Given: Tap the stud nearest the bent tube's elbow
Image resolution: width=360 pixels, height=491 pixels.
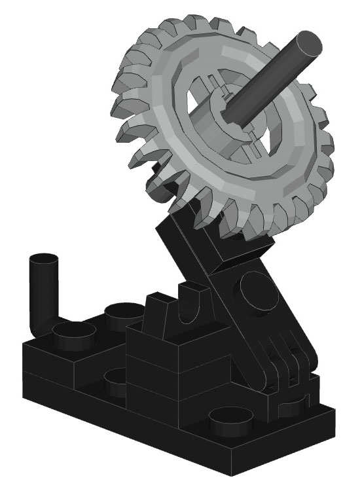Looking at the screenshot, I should pos(73,336).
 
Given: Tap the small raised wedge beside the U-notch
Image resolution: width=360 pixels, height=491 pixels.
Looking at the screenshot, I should pos(158,308).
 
